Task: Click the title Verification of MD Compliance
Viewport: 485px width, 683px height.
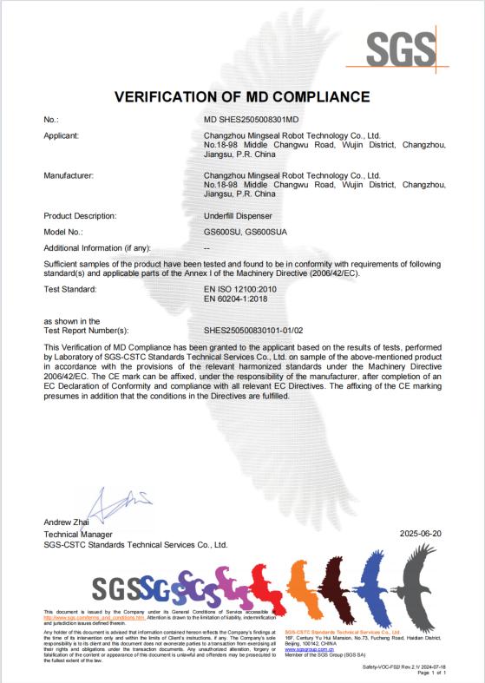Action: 242,96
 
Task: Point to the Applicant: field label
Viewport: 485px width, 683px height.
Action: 62,135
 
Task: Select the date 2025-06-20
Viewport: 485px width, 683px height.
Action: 423,533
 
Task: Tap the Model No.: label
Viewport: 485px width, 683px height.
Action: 62,232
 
